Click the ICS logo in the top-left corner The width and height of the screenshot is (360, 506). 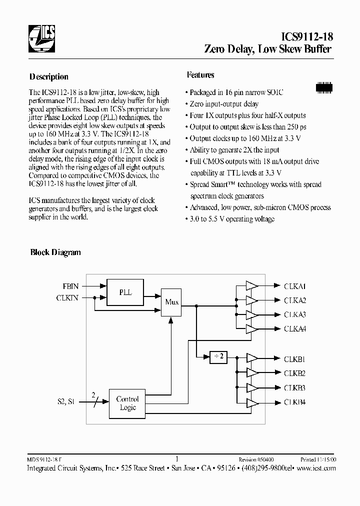[41, 39]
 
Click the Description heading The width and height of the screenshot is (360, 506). [49, 77]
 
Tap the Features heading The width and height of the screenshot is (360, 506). [200, 75]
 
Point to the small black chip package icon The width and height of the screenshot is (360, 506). [324, 86]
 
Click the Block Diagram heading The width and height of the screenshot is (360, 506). [55, 252]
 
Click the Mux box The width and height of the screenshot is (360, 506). [171, 302]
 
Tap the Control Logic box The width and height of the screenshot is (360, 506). [128, 403]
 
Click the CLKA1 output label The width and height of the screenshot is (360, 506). [295, 286]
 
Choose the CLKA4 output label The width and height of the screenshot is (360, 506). [295, 328]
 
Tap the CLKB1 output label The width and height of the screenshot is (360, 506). [295, 359]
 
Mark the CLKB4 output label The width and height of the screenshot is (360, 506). [295, 402]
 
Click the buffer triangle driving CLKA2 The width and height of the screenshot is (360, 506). [251, 300]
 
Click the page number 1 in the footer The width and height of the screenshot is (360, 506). [178, 458]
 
